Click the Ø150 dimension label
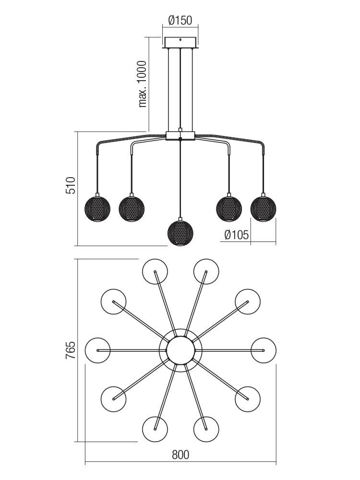[180, 20]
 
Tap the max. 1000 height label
[143, 84]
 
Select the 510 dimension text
[71, 185]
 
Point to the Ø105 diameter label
[237, 235]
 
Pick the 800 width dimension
[180, 455]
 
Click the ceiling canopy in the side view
[180, 43]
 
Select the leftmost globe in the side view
[97, 209]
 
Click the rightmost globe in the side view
[263, 209]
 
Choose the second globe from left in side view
[132, 209]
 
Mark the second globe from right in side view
[229, 209]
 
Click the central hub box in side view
[180, 136]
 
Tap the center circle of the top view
[180, 350]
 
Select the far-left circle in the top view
[97, 350]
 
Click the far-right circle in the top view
[264, 350]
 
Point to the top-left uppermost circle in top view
[155, 272]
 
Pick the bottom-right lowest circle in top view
[206, 429]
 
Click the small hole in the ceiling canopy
[180, 39]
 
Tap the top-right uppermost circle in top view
[206, 272]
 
